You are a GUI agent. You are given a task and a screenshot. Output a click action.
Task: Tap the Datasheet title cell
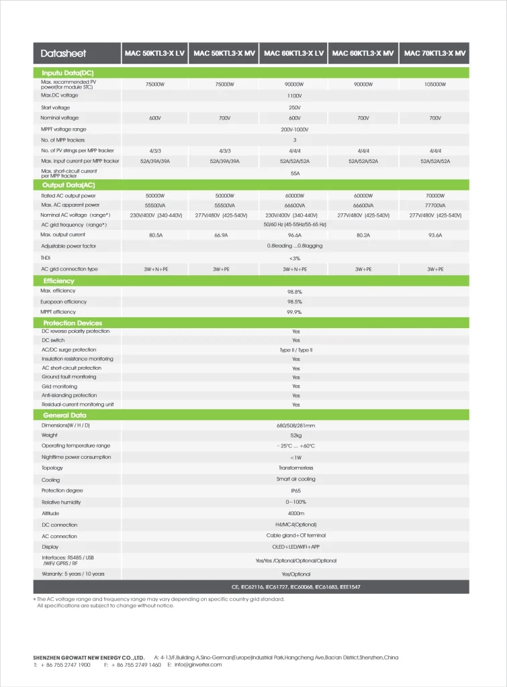click(x=63, y=54)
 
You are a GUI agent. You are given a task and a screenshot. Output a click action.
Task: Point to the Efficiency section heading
click(x=58, y=280)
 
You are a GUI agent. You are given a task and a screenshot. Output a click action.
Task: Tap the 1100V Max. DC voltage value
click(x=295, y=96)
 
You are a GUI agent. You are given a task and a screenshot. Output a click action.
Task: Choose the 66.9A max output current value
click(x=225, y=235)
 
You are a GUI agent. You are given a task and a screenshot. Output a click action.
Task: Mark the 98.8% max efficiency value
click(x=295, y=292)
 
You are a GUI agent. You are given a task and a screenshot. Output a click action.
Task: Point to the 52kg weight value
click(x=295, y=435)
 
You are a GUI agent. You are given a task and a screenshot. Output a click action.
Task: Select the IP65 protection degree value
click(x=295, y=490)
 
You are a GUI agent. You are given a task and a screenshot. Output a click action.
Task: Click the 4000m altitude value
click(x=295, y=513)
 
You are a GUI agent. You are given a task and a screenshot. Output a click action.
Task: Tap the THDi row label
click(x=47, y=258)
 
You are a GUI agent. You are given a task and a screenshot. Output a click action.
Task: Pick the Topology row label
click(x=52, y=468)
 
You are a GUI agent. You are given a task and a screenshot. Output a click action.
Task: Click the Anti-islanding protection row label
click(x=69, y=395)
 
